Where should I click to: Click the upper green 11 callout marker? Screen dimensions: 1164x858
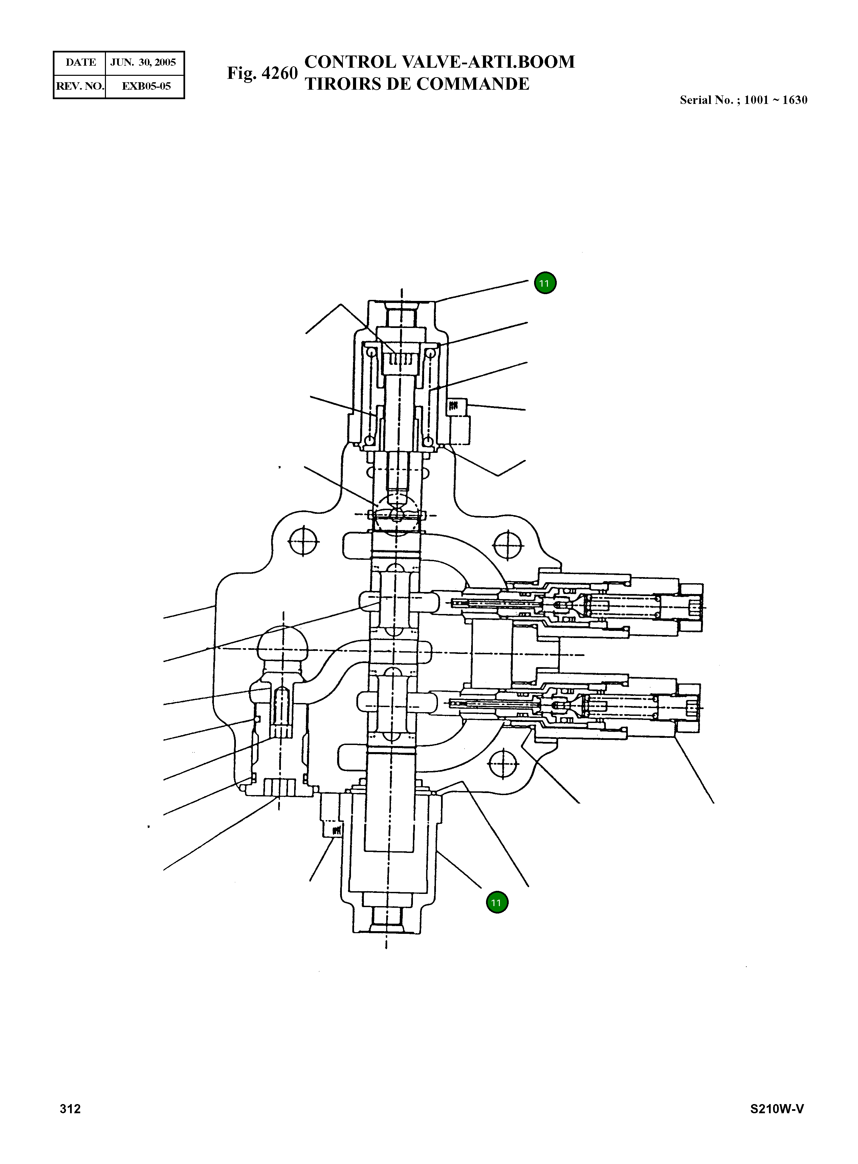point(544,283)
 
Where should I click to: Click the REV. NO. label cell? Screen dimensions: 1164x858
point(80,86)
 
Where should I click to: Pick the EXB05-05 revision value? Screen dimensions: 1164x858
point(146,86)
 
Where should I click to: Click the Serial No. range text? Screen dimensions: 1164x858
point(743,100)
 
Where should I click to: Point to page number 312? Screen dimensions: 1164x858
point(70,1109)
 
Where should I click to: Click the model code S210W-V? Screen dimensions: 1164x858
point(777,1109)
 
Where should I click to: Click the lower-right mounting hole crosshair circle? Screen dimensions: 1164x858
point(503,763)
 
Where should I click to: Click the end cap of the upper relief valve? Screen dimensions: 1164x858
point(691,606)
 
